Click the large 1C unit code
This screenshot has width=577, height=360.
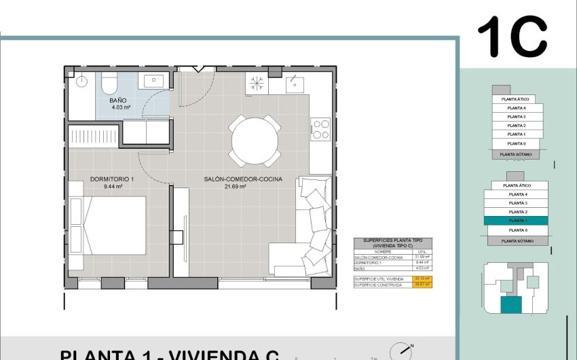point(513,37)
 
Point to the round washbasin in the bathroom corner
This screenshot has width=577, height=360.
point(81,82)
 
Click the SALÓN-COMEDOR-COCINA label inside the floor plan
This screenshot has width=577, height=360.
point(243,179)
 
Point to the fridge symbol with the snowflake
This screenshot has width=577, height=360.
point(257,84)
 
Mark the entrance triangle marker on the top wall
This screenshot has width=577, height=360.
point(198,68)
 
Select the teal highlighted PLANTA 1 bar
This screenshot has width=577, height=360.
point(518,221)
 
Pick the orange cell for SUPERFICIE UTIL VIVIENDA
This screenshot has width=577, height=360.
point(423,278)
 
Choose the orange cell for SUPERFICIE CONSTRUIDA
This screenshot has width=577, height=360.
point(423,285)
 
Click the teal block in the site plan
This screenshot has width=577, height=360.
point(510,305)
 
